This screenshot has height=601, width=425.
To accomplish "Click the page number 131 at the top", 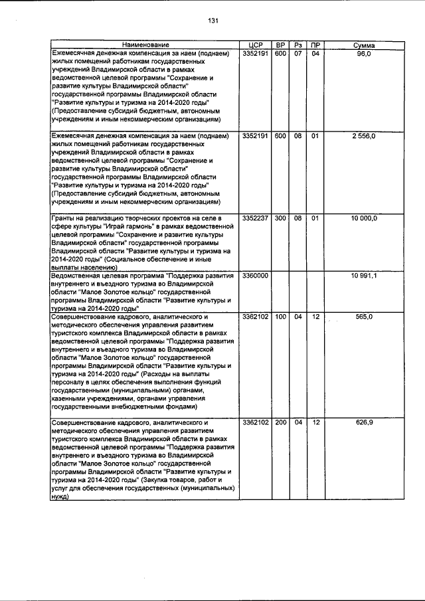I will click(x=213, y=20).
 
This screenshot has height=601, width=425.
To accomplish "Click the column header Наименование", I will click(x=145, y=44).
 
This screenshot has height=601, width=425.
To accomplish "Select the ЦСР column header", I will click(x=256, y=44).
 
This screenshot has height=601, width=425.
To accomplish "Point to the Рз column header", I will click(x=298, y=44).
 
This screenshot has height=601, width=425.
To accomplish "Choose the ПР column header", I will click(x=315, y=44).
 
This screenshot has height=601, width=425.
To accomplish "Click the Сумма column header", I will click(x=364, y=44).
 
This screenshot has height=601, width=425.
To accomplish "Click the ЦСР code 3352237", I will click(x=256, y=218).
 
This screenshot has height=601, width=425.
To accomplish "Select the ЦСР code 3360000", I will click(x=256, y=276).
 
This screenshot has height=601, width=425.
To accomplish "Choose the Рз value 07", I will click(x=298, y=52).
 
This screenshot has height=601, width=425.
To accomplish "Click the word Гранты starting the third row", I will click(x=65, y=218).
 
